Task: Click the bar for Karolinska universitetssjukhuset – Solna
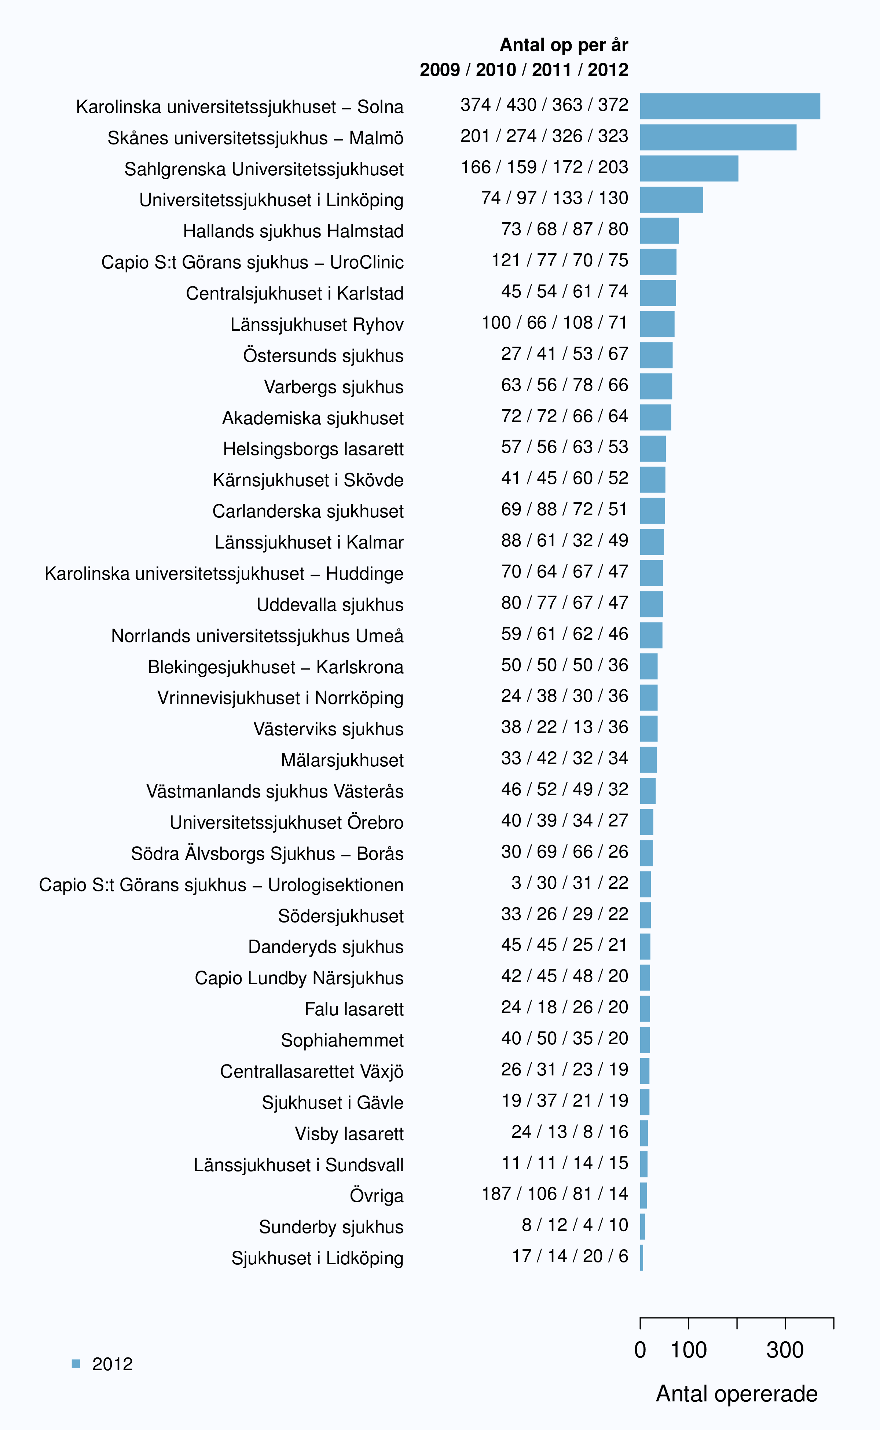(730, 106)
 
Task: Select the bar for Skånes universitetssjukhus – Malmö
(718, 137)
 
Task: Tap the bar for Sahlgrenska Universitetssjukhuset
(689, 169)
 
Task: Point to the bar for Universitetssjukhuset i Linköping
(672, 199)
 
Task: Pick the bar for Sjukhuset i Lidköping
(641, 1258)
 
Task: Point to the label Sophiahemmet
(342, 1040)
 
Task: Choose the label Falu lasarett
(354, 1009)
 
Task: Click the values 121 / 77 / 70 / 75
(560, 260)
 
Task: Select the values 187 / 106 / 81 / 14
(555, 1194)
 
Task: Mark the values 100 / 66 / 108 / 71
(555, 322)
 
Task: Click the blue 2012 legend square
(76, 1363)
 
